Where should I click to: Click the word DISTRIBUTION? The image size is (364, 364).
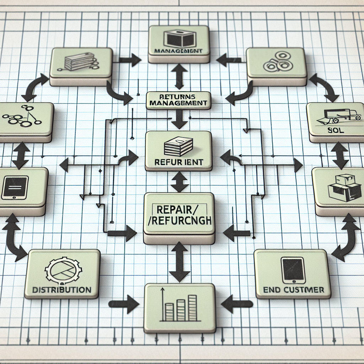61,289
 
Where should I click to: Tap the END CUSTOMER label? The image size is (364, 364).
294,290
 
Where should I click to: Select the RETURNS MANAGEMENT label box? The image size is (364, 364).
178,100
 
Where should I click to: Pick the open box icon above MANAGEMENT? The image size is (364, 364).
178,38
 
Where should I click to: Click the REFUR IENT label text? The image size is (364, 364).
179,162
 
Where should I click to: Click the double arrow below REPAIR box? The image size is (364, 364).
179,262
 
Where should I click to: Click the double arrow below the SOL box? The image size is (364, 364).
341,155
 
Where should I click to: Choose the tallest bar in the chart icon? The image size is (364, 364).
192,307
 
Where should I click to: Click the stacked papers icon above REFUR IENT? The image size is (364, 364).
178,146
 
